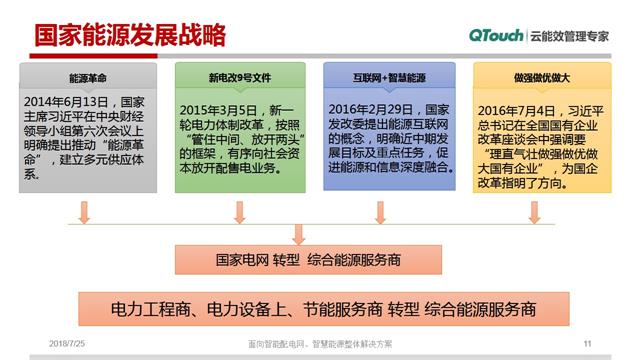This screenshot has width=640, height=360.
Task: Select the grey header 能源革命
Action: click(87, 76)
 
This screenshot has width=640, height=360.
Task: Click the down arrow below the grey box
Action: click(87, 213)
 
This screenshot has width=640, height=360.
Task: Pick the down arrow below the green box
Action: click(238, 213)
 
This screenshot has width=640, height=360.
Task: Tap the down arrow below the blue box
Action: click(381, 213)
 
